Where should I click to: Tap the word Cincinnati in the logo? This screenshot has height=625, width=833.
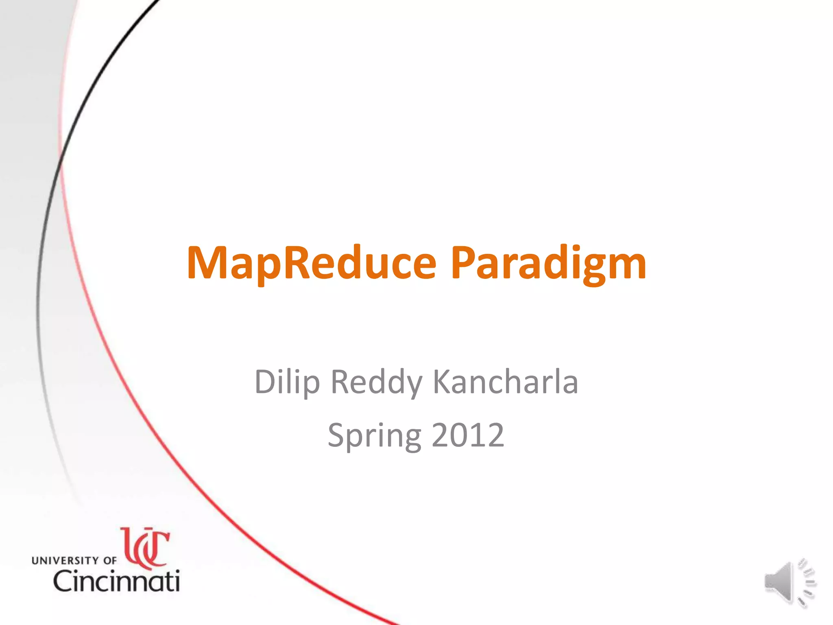coord(117,581)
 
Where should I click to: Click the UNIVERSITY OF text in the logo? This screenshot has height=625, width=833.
coord(74,560)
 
